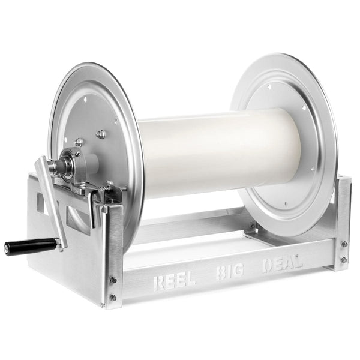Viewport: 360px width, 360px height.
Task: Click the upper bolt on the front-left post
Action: [x=113, y=280]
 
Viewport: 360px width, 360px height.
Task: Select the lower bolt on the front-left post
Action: [x=112, y=298]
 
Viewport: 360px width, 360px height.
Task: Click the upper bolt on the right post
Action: [x=344, y=244]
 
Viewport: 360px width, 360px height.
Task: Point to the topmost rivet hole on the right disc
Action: [x=268, y=86]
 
